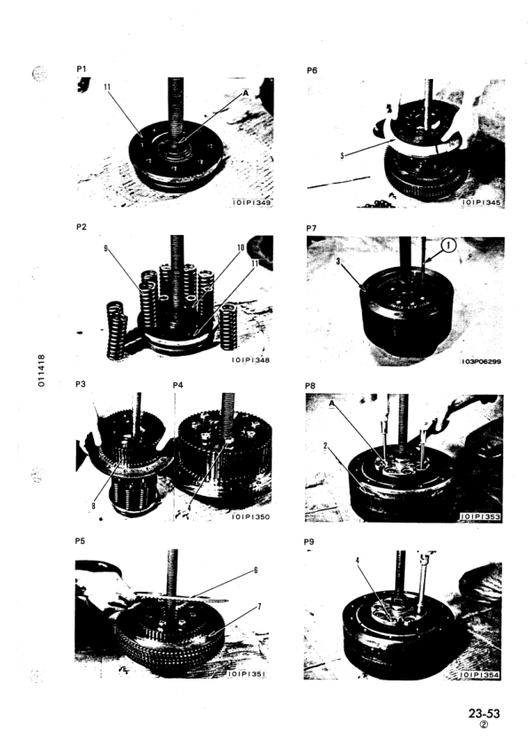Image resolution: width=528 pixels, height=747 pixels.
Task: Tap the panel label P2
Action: [84, 226]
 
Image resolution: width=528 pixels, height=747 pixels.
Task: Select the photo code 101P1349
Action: [248, 203]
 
